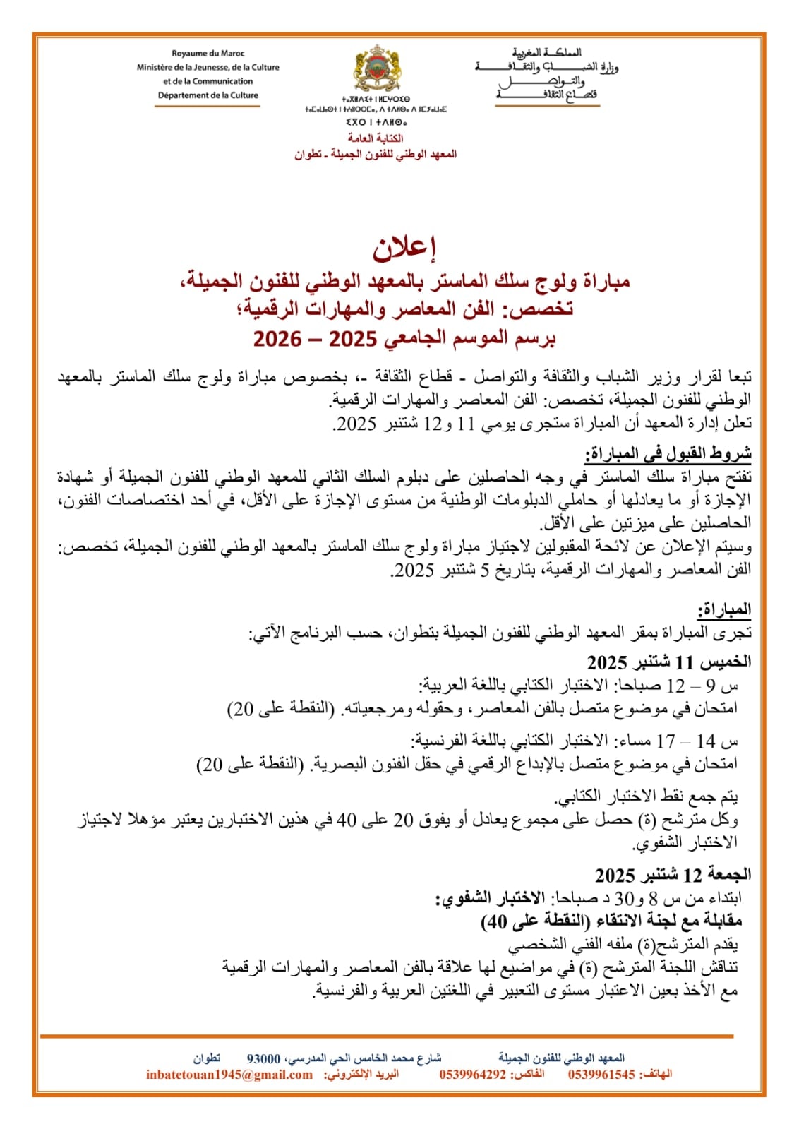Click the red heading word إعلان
[404, 247]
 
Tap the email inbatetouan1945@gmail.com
[229, 1075]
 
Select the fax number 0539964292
[472, 1075]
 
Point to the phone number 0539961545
[601, 1075]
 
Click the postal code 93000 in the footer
[263, 1059]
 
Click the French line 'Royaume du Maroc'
[208, 54]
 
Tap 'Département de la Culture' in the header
[208, 95]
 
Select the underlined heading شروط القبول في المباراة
[668, 453]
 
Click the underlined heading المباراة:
[724, 609]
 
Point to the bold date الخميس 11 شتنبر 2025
[668, 662]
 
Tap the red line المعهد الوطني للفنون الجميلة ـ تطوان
[376, 154]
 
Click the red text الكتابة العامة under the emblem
[376, 138]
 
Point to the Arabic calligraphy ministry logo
[546, 75]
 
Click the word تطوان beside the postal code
[207, 1059]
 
